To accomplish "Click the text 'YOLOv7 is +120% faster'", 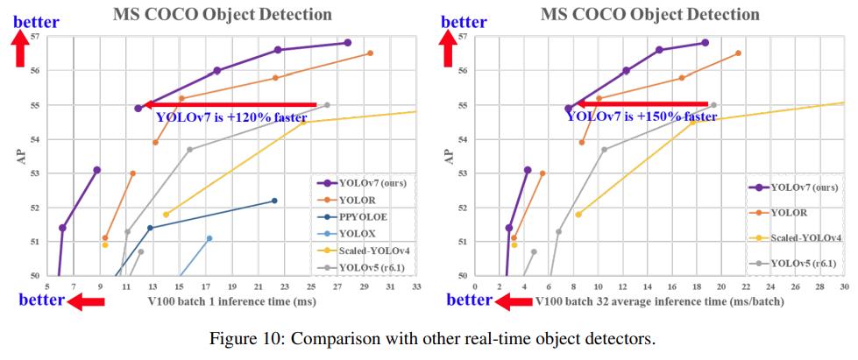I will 230,117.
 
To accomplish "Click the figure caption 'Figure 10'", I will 428,338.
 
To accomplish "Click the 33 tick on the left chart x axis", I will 416,286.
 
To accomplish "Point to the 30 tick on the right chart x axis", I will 844,286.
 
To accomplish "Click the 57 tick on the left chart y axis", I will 35,36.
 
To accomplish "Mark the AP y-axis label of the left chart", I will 17,155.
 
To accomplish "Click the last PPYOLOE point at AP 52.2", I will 274,201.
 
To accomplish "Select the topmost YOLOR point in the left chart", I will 370,53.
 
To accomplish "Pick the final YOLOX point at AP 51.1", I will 209,238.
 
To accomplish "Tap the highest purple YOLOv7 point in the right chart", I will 705,43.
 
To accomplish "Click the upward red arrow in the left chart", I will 20,48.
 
